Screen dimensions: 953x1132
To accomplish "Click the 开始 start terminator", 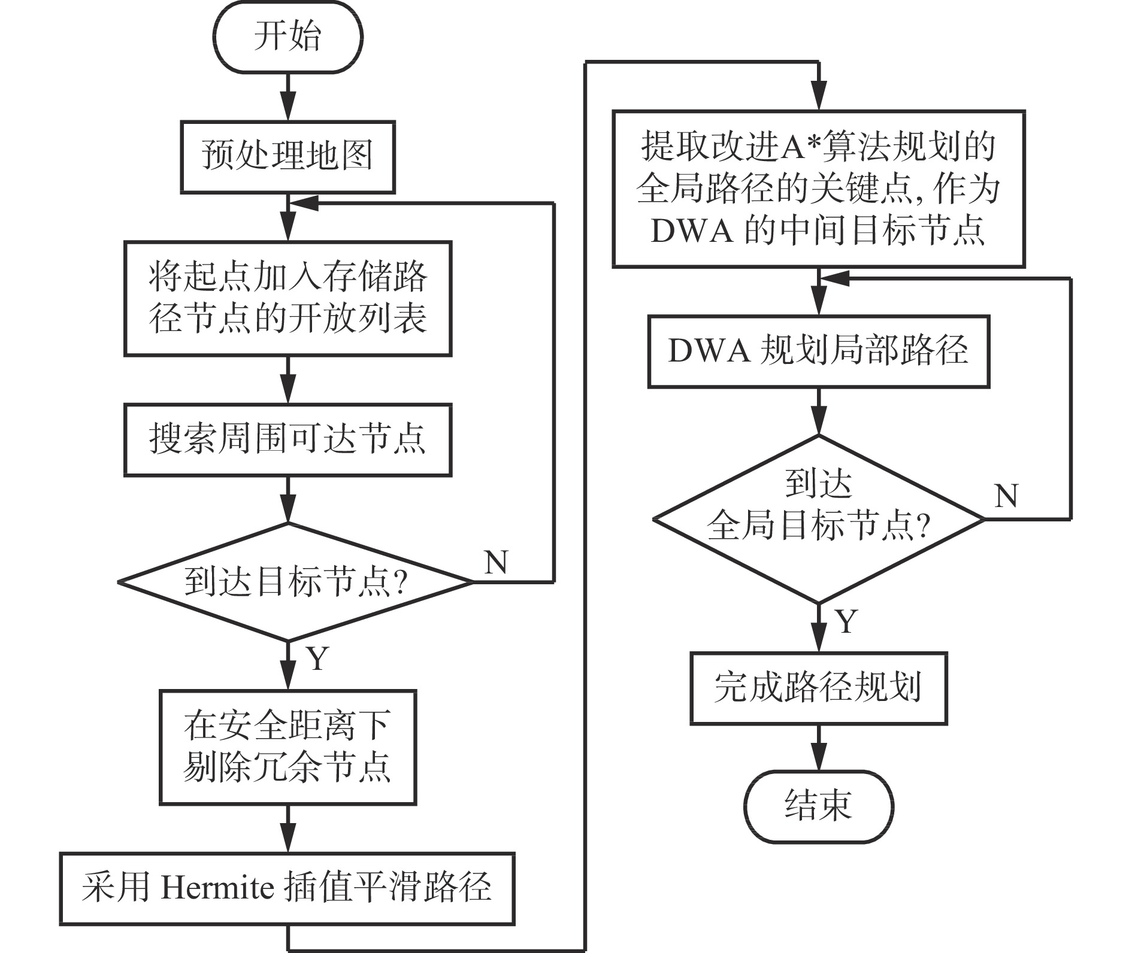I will [x=288, y=37].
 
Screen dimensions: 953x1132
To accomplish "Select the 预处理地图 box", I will [x=288, y=157].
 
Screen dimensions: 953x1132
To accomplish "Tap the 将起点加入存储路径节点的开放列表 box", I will [x=288, y=299].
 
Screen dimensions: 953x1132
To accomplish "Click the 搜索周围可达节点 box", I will [x=288, y=440].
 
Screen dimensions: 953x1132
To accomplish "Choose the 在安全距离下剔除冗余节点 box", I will [x=288, y=747].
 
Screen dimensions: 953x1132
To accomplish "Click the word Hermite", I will [x=217, y=888].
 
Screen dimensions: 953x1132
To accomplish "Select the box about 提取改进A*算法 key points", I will [x=819, y=189].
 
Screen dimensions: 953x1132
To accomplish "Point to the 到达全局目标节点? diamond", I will [x=819, y=519].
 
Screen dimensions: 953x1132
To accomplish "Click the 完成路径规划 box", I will [x=819, y=688].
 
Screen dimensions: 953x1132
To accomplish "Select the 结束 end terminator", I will [x=819, y=805].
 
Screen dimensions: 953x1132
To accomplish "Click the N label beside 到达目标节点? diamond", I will [x=497, y=563].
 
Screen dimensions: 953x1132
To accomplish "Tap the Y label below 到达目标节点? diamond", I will [x=318, y=659].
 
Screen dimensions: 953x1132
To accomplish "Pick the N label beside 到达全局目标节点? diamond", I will [x=1006, y=496].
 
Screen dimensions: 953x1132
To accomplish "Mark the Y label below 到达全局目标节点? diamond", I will [x=847, y=622].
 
